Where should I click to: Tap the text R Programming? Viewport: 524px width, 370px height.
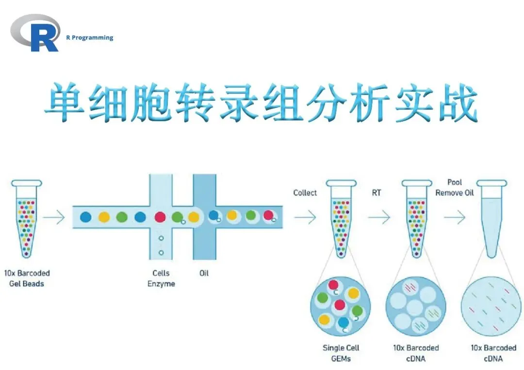(90, 37)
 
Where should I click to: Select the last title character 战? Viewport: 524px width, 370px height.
(458, 102)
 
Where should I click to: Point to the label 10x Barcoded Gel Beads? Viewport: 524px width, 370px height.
(27, 278)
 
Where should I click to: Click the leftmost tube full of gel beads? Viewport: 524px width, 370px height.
(27, 219)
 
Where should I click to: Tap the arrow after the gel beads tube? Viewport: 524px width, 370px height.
(54, 217)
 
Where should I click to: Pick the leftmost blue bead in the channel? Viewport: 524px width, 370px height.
(86, 217)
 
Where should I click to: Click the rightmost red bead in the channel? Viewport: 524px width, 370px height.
(268, 215)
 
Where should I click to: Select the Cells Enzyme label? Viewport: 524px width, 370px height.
(161, 278)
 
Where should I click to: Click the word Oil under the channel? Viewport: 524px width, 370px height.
(204, 273)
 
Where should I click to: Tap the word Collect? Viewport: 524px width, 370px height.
(305, 193)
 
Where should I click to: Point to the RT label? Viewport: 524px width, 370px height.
(377, 193)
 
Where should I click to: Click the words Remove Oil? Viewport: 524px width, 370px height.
(455, 193)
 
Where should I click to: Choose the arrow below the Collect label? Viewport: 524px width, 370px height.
(305, 217)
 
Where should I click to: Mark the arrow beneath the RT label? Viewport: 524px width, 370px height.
(379, 217)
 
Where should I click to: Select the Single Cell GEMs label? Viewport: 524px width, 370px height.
(341, 353)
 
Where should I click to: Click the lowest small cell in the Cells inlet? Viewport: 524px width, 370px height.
(161, 253)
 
